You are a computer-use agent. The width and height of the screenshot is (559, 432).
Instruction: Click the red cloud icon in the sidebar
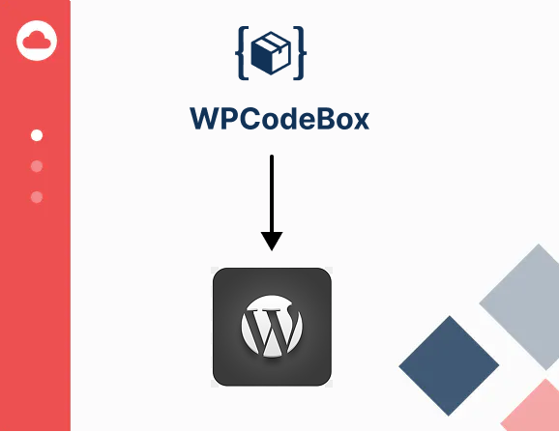pos(37,41)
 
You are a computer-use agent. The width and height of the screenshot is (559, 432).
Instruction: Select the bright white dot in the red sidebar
pos(37,135)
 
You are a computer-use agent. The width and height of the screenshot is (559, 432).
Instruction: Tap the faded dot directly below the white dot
pos(37,166)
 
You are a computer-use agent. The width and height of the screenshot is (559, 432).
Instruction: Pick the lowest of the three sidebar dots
pos(37,197)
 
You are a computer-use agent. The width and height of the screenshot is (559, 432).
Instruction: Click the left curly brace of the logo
pos(242,53)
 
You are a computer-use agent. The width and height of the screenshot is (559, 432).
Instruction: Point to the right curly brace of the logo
pos(300,53)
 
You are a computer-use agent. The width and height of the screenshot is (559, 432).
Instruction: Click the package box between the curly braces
pos(271,53)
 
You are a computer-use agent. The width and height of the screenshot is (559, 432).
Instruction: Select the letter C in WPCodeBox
pos(250,119)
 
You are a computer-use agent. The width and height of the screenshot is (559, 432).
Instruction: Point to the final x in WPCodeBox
pos(360,122)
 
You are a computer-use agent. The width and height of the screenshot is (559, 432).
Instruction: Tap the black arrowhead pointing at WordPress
pos(272,241)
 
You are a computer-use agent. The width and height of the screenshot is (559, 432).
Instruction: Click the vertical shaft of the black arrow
pos(272,193)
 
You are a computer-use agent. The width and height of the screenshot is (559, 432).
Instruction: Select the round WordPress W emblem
pos(272,326)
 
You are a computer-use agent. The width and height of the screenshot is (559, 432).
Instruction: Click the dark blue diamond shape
pos(449,365)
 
